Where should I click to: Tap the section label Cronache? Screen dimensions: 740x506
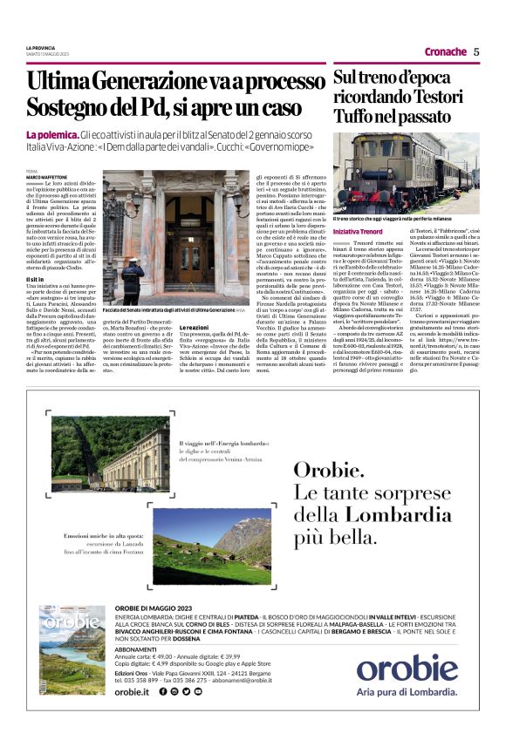(x=446, y=51)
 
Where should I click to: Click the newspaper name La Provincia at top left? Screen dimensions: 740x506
(x=41, y=47)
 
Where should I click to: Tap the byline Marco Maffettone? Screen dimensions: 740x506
(x=46, y=178)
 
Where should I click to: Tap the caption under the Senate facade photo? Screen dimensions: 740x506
(x=174, y=310)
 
